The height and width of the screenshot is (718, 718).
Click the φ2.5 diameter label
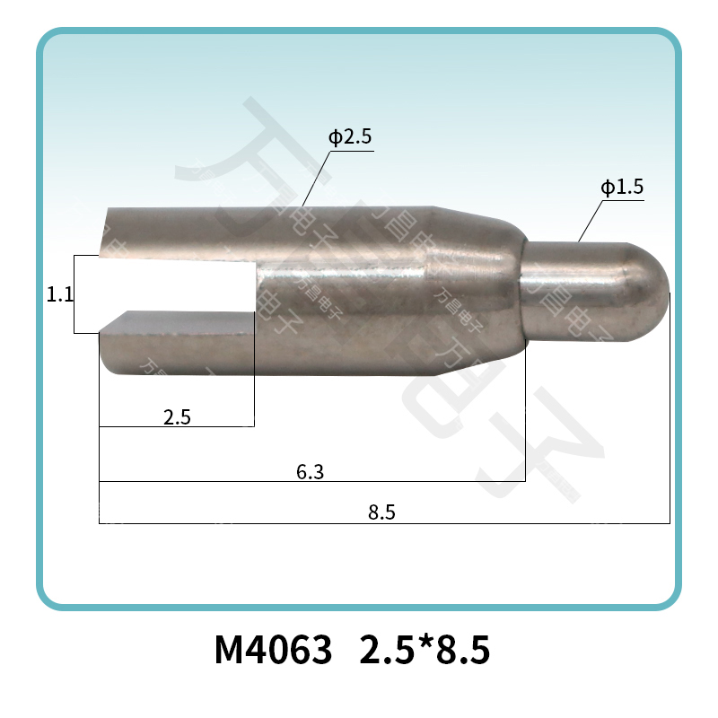coord(350,139)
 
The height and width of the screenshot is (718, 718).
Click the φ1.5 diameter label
coord(622,188)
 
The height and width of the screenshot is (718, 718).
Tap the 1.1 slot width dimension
coord(59,294)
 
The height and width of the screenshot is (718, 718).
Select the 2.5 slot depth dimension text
coord(176,416)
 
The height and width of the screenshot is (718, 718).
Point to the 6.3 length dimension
coord(310,471)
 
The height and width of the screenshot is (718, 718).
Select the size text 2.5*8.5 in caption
coord(425,650)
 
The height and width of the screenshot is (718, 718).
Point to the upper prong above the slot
coord(179,232)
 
